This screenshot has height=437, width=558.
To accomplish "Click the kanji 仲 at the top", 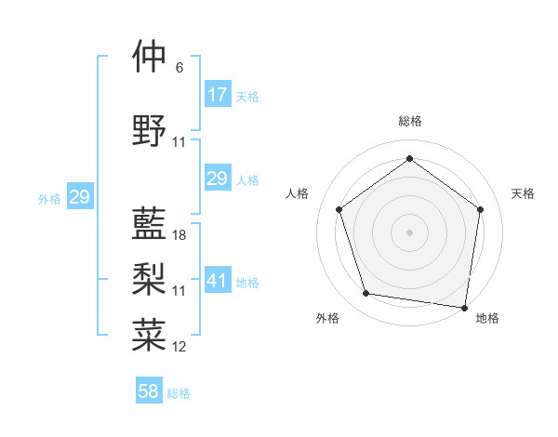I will pyautogui.click(x=150, y=57).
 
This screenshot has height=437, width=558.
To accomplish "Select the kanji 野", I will pyautogui.click(x=150, y=130).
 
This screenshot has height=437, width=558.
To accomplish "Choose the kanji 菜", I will pyautogui.click(x=150, y=335).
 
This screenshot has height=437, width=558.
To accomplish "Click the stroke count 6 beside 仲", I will pyautogui.click(x=179, y=68).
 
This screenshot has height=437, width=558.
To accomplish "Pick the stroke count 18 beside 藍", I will pyautogui.click(x=179, y=235).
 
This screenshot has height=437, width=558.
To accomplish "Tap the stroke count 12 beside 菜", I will pyautogui.click(x=179, y=347).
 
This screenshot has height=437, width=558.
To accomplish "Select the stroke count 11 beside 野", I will pyautogui.click(x=179, y=142).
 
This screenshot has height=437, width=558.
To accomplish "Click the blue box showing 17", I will pyautogui.click(x=217, y=94).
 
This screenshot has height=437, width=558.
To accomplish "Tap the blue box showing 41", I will pyautogui.click(x=217, y=281).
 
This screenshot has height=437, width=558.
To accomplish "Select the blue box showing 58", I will pyautogui.click(x=149, y=391).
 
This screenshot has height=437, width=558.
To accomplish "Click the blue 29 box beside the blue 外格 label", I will pyautogui.click(x=79, y=197).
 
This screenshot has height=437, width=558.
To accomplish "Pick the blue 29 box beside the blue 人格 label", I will pyautogui.click(x=217, y=179).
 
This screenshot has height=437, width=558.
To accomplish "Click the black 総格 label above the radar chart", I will pyautogui.click(x=409, y=121).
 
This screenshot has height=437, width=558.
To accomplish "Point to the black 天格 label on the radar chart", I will pyautogui.click(x=523, y=193).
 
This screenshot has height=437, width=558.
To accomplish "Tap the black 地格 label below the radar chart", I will pyautogui.click(x=487, y=318).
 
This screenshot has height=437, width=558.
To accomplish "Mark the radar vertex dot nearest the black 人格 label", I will pyautogui.click(x=339, y=209).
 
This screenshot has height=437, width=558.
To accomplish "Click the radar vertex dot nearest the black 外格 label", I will pyautogui.click(x=366, y=294).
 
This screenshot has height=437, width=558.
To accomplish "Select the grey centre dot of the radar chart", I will pyautogui.click(x=409, y=232).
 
